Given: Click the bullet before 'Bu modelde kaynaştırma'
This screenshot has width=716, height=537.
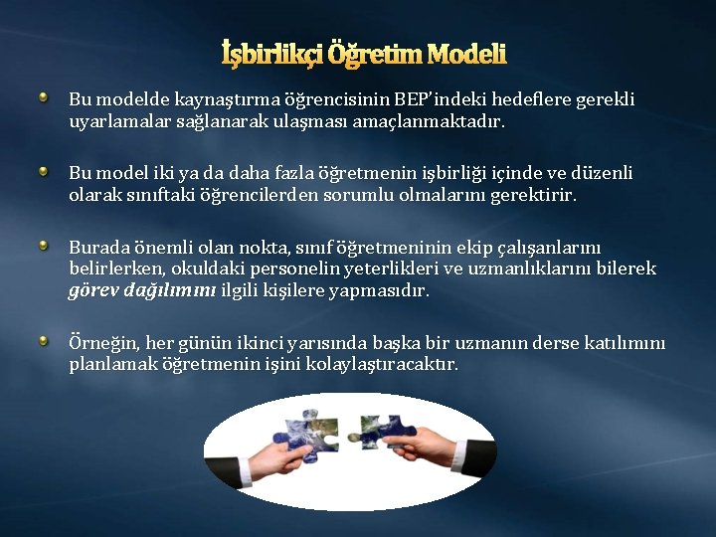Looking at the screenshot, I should [x=44, y=97].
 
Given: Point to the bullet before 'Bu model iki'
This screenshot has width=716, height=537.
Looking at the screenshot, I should [x=44, y=171].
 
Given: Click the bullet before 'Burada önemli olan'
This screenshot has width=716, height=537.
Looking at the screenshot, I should [x=44, y=244].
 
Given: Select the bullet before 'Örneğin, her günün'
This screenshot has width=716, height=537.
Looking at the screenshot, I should [x=44, y=341].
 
